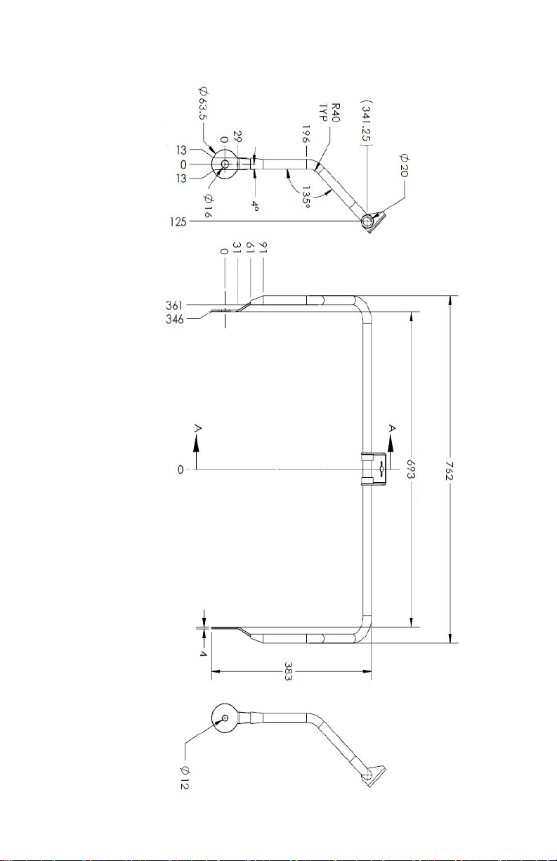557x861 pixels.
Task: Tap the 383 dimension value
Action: (289, 672)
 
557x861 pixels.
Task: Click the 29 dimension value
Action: (237, 134)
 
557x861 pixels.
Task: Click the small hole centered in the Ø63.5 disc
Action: (225, 164)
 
